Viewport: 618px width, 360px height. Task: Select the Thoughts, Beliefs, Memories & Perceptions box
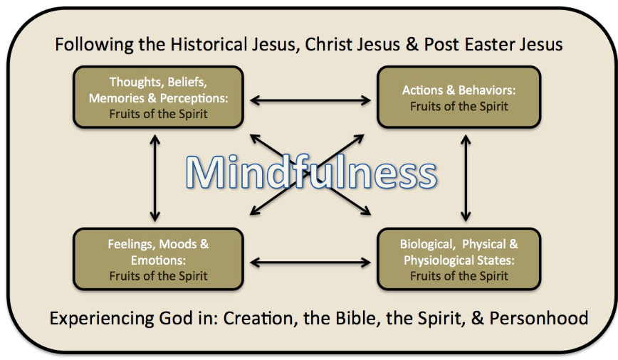[x=157, y=97]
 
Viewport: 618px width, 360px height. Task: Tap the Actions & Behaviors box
[x=459, y=97]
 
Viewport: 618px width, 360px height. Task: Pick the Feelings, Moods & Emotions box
[x=157, y=259]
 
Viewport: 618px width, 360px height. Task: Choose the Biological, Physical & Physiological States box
[x=459, y=259]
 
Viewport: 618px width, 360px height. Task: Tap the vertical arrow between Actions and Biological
[x=466, y=178]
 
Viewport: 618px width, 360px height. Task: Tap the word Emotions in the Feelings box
[x=158, y=260]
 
